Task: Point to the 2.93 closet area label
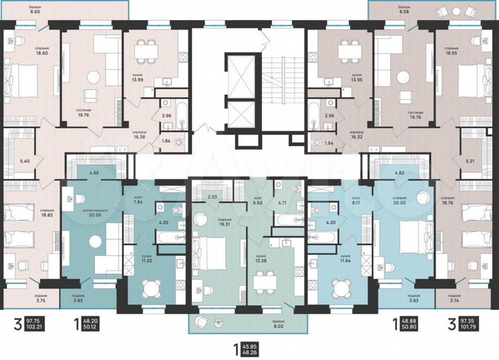[x=213, y=196]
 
